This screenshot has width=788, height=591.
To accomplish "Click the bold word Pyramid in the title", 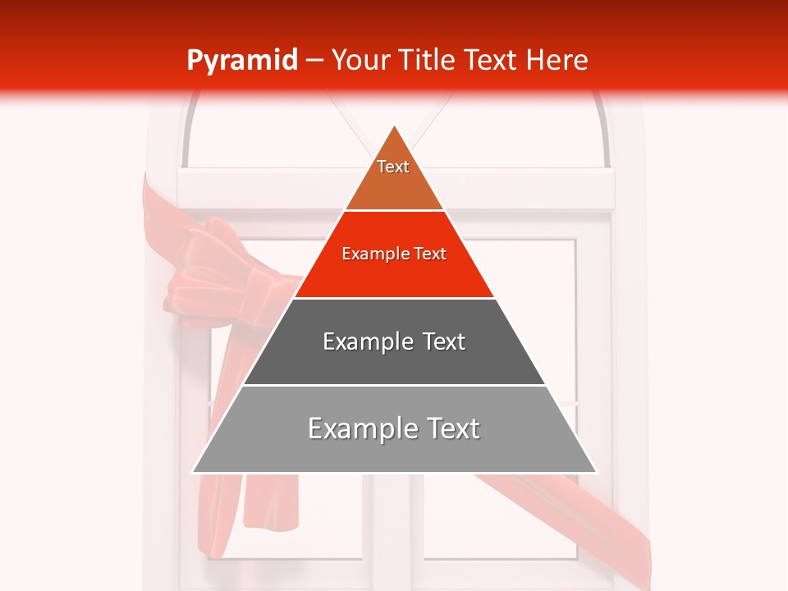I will (242, 61).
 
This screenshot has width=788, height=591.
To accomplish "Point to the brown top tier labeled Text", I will (393, 176).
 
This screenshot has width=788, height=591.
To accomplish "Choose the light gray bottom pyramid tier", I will (394, 447).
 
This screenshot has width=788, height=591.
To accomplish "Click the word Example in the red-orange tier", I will (369, 254).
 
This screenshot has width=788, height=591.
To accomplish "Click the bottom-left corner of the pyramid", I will (195, 471).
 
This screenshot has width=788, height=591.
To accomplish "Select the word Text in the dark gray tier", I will (444, 341).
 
